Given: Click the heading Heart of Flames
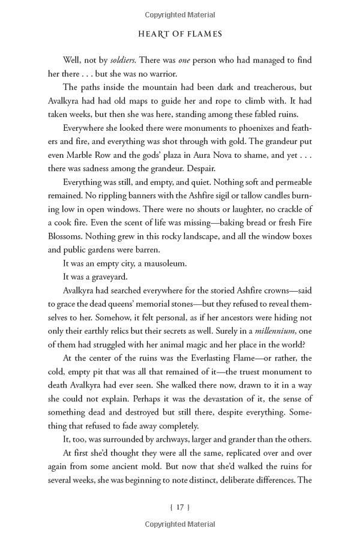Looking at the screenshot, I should pyautogui.click(x=179, y=34).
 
